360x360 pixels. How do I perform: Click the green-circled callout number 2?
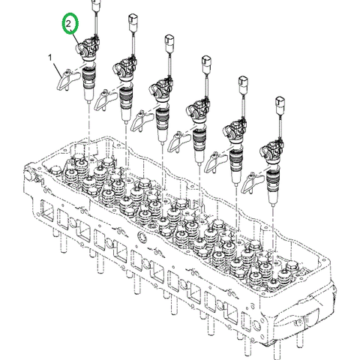click(x=70, y=25)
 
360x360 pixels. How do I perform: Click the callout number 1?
click(x=50, y=57)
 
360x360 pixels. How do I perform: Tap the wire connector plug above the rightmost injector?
click(x=280, y=103)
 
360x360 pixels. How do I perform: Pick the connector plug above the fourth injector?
click(x=205, y=62)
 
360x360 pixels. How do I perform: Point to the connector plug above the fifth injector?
click(x=242, y=82)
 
